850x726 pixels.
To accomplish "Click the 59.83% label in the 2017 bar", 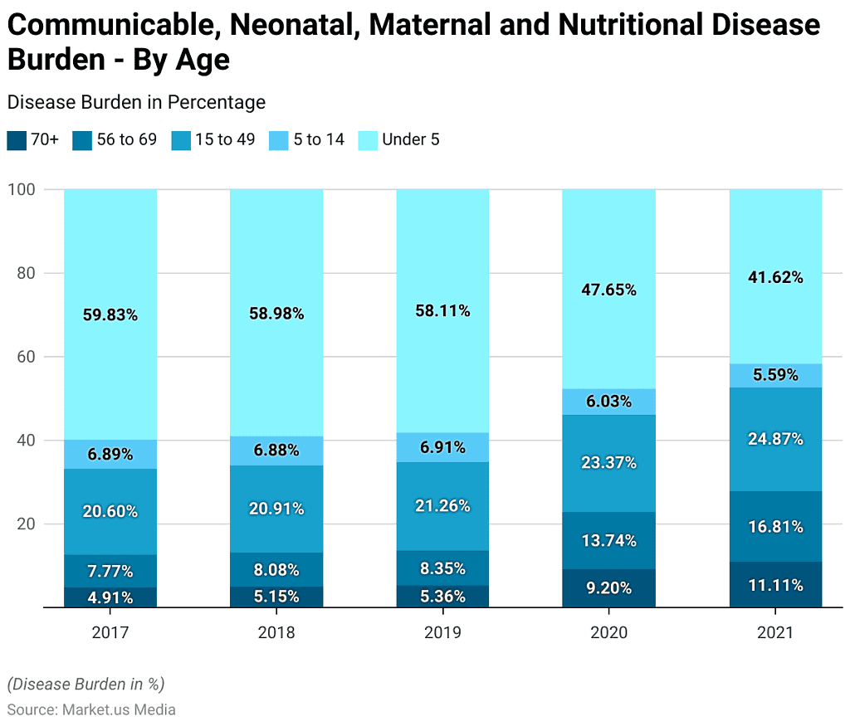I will click(110, 315).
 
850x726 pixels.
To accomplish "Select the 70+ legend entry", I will click(33, 140).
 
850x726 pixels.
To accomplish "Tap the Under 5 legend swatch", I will click(368, 140).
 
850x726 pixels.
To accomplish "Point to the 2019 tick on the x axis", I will click(442, 632).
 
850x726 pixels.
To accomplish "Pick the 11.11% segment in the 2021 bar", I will click(775, 585).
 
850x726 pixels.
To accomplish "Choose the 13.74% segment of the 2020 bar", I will click(608, 540).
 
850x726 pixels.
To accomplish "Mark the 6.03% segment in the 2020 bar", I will click(608, 402).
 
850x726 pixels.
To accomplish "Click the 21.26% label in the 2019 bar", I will click(442, 506).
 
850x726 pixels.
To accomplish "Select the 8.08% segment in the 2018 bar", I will click(276, 570).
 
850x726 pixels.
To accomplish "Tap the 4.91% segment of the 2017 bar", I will click(110, 597).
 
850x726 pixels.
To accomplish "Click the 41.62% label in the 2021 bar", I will click(775, 278).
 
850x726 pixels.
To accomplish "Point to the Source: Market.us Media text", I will click(91, 709).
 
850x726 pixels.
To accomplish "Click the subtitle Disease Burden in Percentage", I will click(136, 102).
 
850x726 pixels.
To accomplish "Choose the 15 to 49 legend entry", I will click(214, 140).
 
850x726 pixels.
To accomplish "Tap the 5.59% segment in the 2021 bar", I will click(775, 375).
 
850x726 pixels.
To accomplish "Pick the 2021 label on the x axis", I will click(775, 632).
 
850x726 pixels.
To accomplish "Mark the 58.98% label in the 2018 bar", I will click(276, 314).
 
